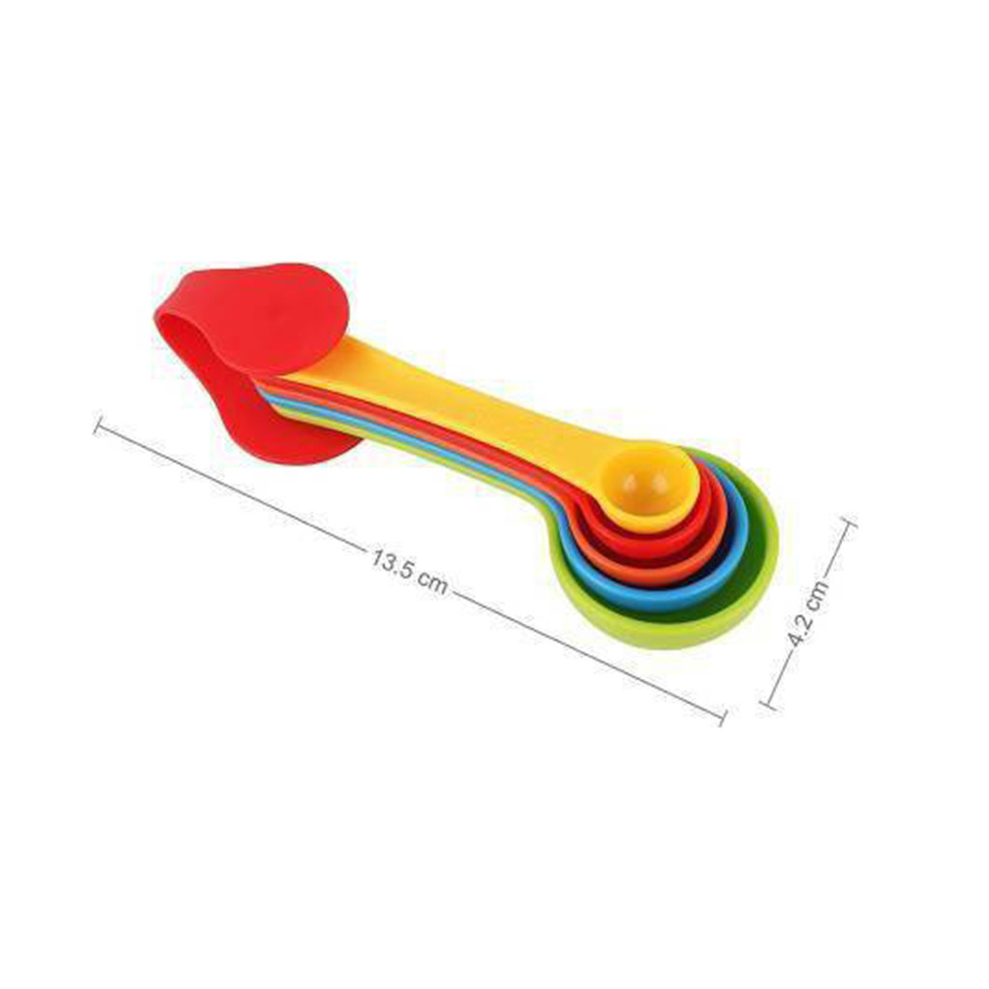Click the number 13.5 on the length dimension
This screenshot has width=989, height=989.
click(392, 563)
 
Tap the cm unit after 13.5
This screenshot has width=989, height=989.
click(433, 582)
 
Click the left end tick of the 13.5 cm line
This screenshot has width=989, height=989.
click(98, 425)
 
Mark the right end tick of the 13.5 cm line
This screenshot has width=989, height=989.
click(722, 717)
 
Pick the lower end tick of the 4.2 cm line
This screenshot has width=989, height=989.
click(769, 704)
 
